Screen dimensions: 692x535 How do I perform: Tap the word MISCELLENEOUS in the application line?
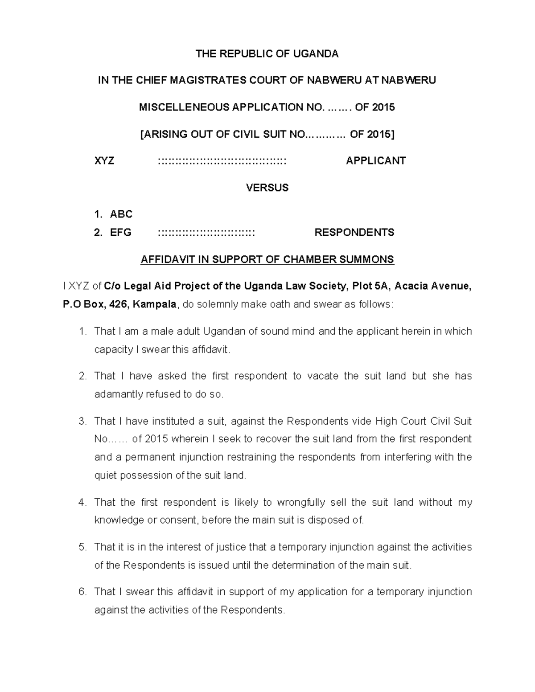(x=177, y=107)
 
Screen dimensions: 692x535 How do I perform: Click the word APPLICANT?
(x=375, y=161)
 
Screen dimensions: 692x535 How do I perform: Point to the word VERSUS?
(x=267, y=188)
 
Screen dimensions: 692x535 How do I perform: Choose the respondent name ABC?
(x=121, y=214)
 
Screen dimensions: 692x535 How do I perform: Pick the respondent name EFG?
(x=120, y=232)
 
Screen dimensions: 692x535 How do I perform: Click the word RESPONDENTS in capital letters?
(x=354, y=232)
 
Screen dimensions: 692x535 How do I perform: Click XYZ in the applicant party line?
(x=104, y=161)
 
